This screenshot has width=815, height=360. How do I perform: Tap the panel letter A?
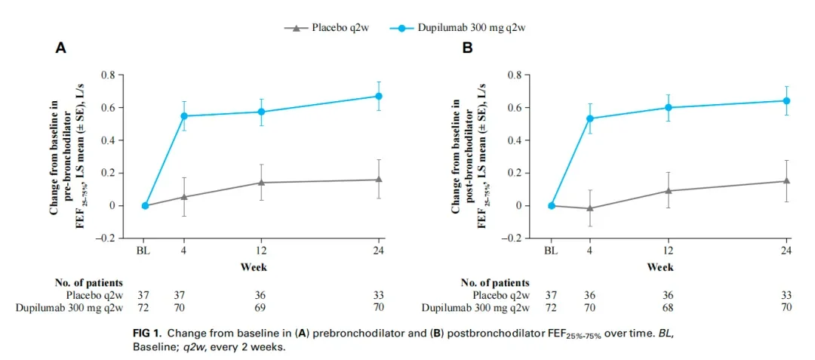[61, 48]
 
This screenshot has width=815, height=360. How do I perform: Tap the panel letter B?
[467, 48]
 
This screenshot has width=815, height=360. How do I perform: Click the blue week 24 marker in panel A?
[379, 96]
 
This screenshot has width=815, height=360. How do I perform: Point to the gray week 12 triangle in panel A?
[261, 182]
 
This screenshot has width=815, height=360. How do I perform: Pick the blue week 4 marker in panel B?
[589, 118]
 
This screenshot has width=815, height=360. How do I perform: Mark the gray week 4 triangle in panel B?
[589, 208]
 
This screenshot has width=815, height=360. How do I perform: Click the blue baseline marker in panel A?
[145, 205]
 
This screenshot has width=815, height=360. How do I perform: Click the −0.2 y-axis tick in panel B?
[516, 238]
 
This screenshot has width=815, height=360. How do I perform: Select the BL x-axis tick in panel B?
[552, 251]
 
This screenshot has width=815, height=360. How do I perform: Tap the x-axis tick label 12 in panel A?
[261, 251]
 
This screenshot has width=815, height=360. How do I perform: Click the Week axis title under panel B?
[660, 266]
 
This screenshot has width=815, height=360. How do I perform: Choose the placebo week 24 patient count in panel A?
[379, 295]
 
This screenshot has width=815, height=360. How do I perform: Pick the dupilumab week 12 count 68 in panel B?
[668, 307]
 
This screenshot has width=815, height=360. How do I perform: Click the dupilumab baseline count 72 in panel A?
[145, 307]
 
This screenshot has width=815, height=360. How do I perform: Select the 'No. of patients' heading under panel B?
[495, 283]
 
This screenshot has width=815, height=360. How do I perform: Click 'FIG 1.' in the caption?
[149, 333]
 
